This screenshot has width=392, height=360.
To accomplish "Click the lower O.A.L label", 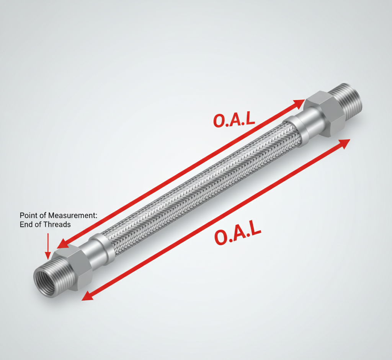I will click(237, 235).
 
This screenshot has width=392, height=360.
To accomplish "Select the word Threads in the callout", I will click(57, 225).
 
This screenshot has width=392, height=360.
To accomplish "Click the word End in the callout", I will click(26, 225).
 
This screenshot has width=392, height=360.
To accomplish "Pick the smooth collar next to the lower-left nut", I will click(101, 251).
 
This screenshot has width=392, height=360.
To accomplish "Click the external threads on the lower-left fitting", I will click(54, 268).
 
